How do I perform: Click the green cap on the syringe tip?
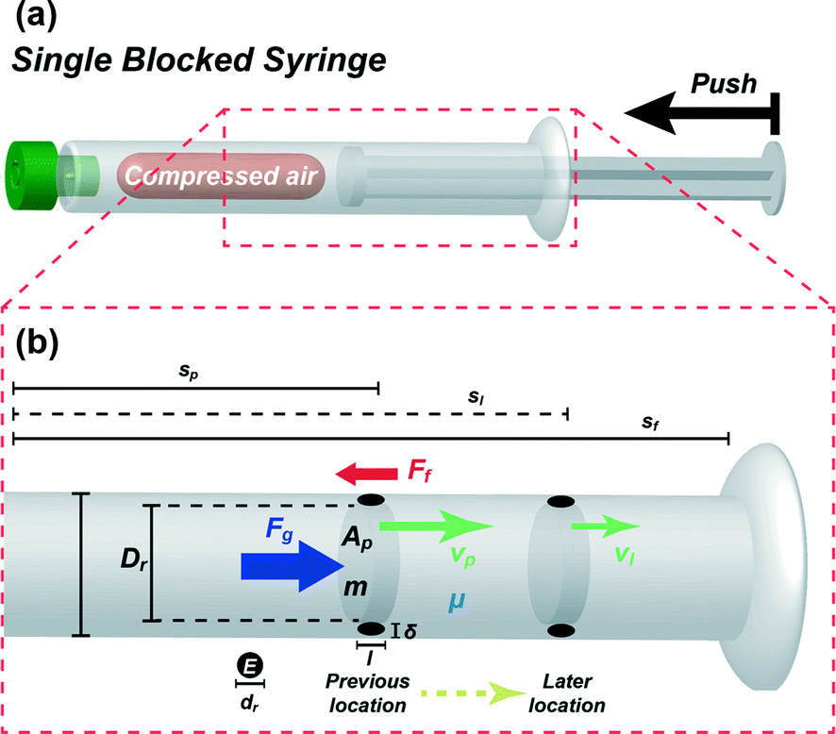tap(25, 174)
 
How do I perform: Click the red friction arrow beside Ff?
tap(369, 471)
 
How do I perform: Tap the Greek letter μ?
tap(457, 600)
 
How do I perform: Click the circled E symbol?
tap(250, 666)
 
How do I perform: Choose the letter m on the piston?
tap(355, 588)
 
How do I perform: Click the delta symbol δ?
tap(410, 631)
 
